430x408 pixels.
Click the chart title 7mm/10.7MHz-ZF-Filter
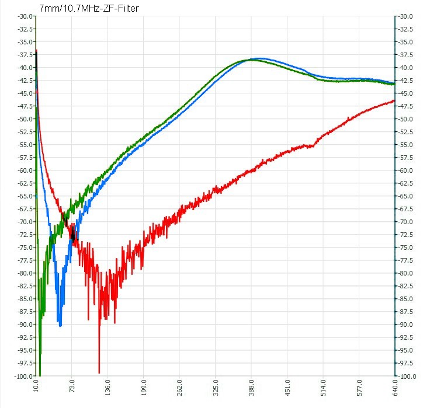[89, 9]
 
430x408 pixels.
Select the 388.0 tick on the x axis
[251, 388]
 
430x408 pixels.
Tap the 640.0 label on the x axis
[395, 388]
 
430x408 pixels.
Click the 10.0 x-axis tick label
[36, 386]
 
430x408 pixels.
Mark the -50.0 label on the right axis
[405, 119]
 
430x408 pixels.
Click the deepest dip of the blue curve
[60, 326]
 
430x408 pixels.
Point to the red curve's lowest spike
[99, 372]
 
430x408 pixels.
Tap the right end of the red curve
[394, 101]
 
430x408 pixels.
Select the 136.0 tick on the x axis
[107, 388]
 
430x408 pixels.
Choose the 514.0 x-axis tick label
[323, 388]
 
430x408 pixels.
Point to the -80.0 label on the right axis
[405, 273]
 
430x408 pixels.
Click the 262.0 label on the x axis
[179, 388]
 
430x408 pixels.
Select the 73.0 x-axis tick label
[72, 386]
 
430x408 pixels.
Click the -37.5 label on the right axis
[405, 55]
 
